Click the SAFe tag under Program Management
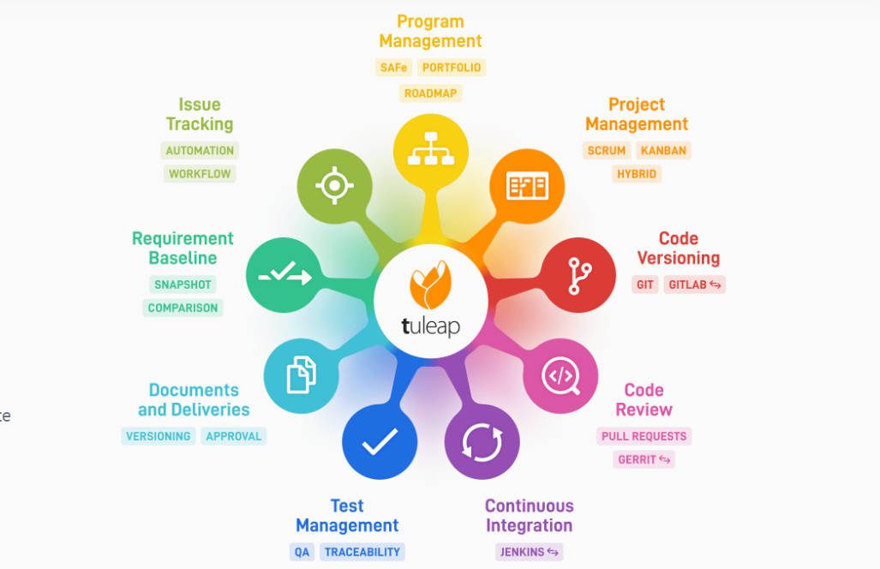click(393, 68)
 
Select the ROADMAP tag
click(430, 93)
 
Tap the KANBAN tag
click(663, 150)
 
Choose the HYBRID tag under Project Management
click(637, 174)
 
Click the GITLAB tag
click(694, 284)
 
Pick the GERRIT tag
click(644, 459)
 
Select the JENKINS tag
click(529, 552)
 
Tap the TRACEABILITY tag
click(362, 552)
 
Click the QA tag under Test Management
click(302, 552)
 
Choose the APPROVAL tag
click(233, 436)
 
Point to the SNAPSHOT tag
click(183, 284)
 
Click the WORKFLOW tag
click(200, 174)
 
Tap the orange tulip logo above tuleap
click(430, 284)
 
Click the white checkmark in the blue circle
click(380, 441)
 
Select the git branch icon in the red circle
click(579, 276)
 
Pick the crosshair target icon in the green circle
click(334, 185)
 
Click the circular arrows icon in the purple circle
click(482, 443)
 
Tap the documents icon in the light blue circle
click(302, 374)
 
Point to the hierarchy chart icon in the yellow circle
click(431, 149)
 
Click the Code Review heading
click(644, 399)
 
